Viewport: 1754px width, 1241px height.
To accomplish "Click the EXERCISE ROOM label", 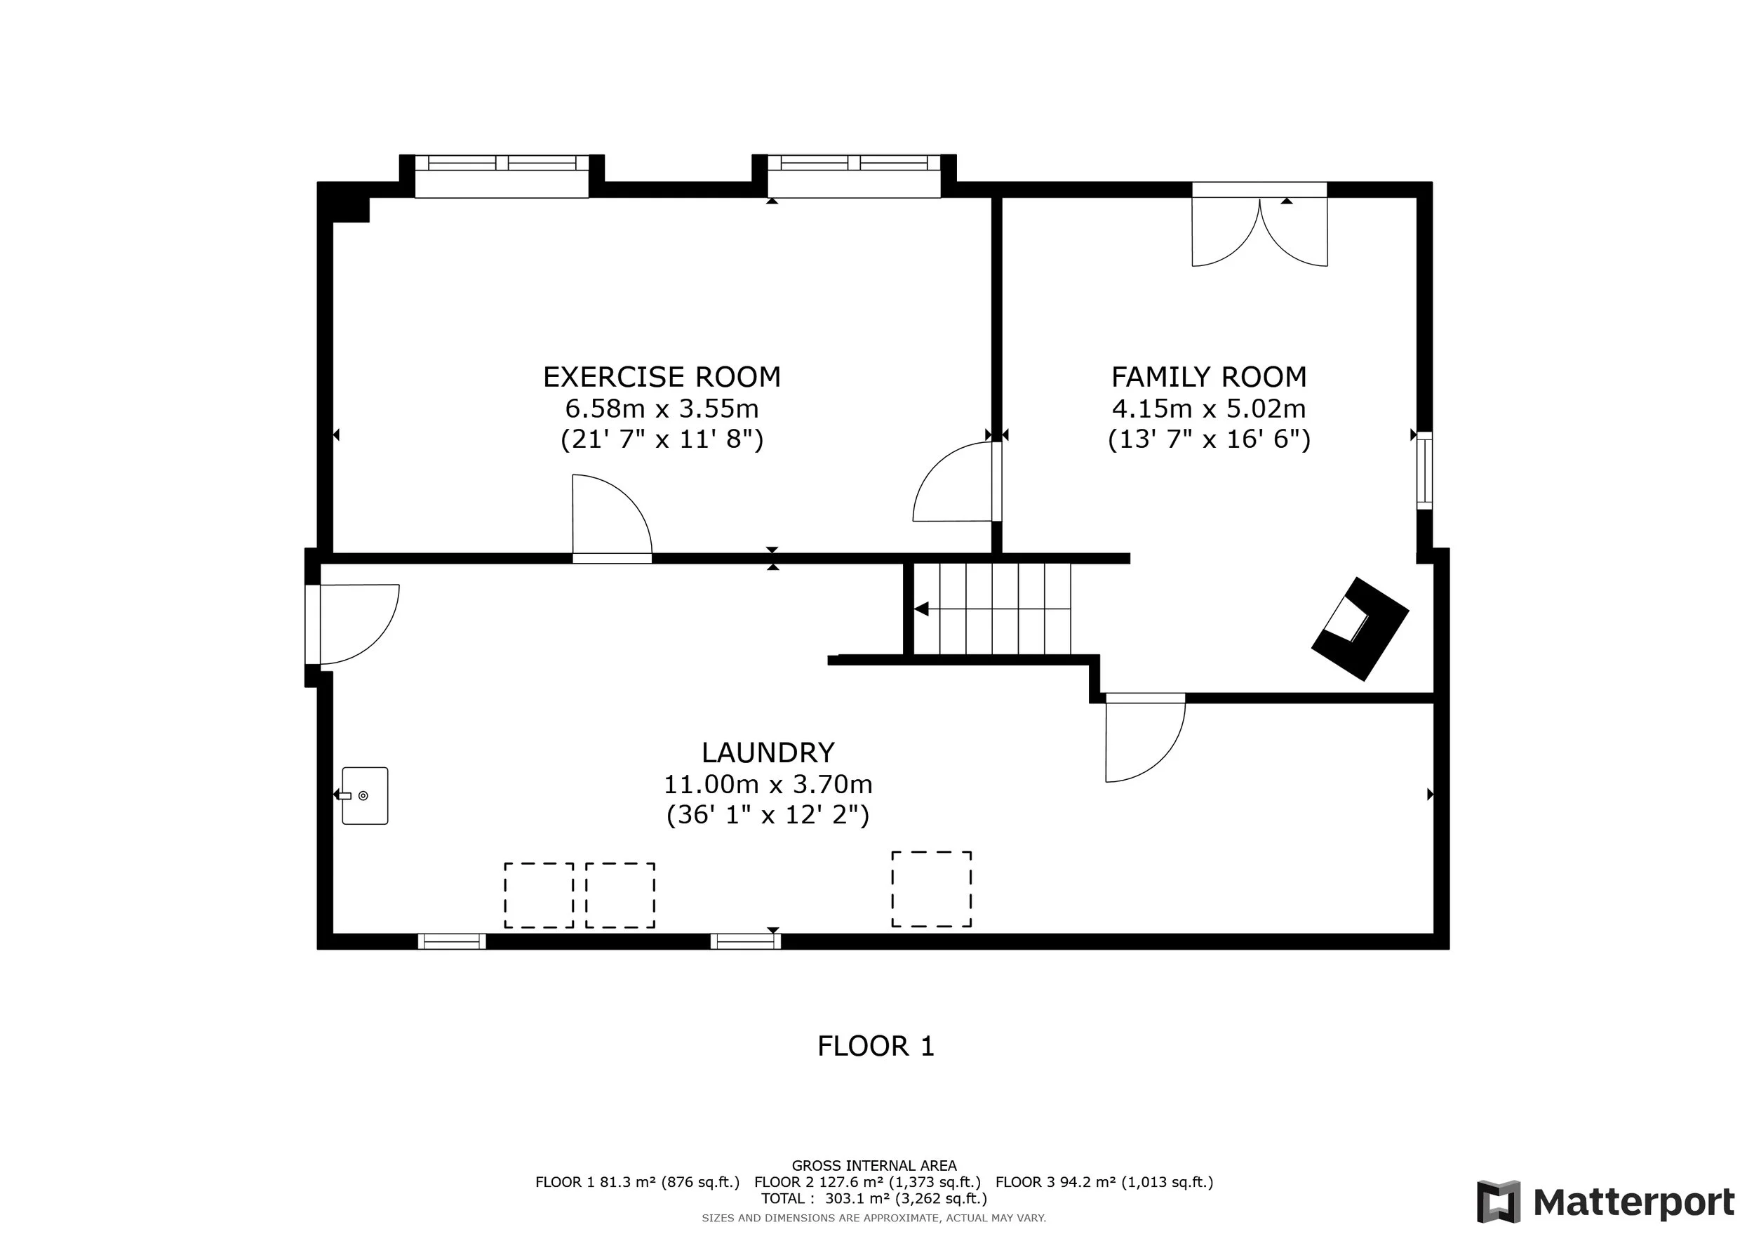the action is (662, 377).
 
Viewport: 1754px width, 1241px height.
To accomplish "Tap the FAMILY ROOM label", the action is (1209, 377).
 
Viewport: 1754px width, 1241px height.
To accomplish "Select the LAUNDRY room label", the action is (768, 752).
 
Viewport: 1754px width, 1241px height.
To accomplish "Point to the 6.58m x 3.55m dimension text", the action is (662, 409).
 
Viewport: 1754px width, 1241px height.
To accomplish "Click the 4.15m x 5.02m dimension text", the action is (1209, 409).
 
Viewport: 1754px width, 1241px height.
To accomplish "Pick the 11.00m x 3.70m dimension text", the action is (768, 785).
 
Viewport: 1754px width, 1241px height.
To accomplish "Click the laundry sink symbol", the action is (364, 795).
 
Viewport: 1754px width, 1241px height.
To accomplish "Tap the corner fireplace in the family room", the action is (1360, 628).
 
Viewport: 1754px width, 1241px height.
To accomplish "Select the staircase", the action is (992, 609).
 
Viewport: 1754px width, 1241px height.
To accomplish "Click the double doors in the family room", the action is (1260, 224).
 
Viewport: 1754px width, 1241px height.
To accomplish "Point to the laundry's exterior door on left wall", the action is (352, 624).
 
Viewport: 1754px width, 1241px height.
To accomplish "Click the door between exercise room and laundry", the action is (612, 519).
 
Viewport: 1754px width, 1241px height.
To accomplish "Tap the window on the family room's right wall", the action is (1425, 470).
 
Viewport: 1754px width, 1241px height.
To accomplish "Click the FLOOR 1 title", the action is (876, 1046).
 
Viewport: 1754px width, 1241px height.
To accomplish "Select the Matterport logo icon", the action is (1498, 1202).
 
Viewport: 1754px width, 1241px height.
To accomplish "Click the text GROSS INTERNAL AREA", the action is (874, 1166).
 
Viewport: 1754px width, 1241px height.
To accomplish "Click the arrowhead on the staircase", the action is (921, 609).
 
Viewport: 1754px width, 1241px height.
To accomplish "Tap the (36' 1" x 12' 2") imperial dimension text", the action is (768, 816).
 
